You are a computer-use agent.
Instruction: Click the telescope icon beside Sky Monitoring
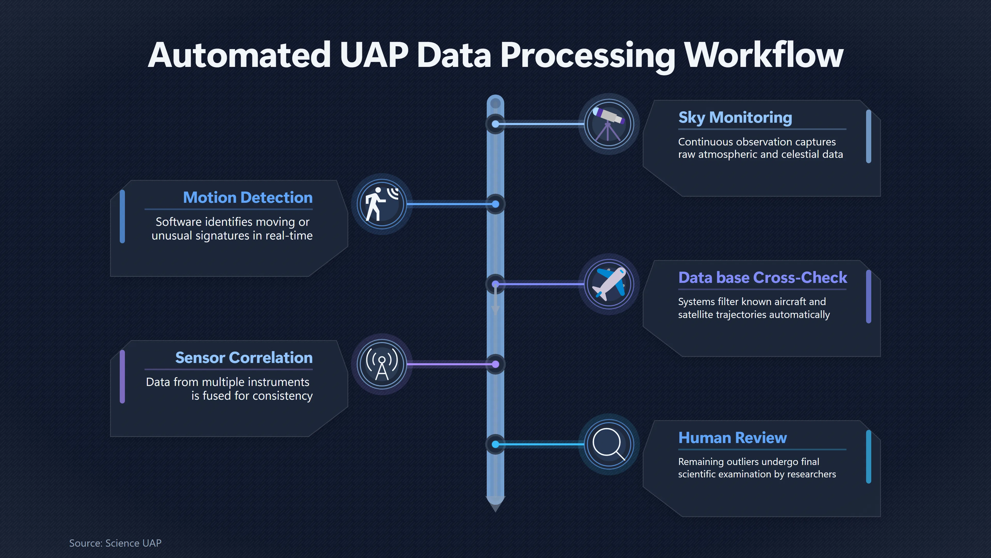[x=609, y=124]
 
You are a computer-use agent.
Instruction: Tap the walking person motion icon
[x=381, y=204]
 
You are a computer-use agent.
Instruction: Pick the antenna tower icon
[x=382, y=364]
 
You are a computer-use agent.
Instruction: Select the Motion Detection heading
[x=248, y=198]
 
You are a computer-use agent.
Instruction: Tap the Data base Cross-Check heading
[x=763, y=278]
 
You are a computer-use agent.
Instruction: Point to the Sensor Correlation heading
[x=244, y=358]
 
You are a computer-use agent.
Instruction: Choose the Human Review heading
[x=732, y=438]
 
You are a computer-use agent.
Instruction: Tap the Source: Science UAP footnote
[x=115, y=543]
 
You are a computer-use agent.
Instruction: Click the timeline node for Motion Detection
[x=495, y=204]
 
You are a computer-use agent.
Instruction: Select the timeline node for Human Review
[x=495, y=444]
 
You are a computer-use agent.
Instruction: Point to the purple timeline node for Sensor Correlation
[x=495, y=364]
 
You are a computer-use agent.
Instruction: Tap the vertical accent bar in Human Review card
[x=868, y=457]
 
